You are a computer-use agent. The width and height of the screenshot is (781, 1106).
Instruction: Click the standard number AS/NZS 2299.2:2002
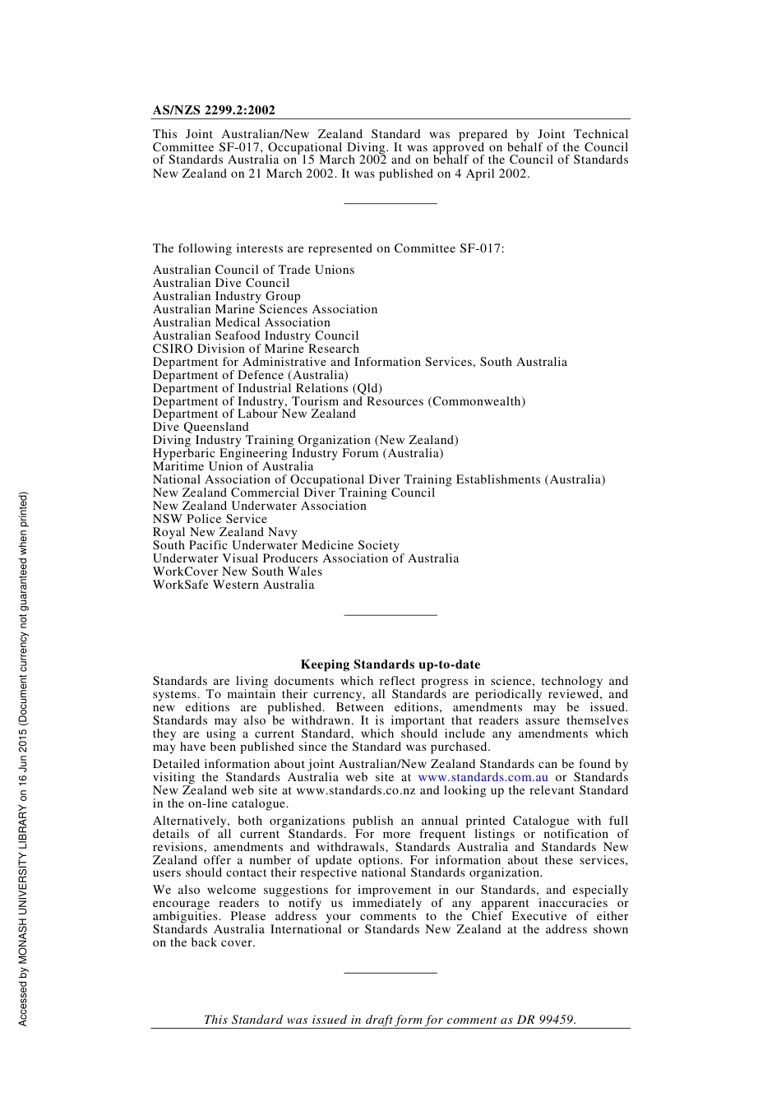214,110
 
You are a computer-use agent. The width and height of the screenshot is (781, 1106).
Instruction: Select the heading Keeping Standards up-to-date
390,664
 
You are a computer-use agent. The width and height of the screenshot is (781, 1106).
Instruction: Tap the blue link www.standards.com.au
483,777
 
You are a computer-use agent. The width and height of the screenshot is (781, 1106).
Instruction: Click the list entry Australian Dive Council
221,283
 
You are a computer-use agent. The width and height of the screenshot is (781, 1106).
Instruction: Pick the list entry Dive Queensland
201,427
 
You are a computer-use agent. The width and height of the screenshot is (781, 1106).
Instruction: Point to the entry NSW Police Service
210,519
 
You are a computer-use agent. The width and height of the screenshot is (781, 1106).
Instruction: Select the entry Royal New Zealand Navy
224,532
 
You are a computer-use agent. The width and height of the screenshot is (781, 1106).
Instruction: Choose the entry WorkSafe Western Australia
233,585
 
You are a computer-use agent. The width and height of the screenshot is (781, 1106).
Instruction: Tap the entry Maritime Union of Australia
233,466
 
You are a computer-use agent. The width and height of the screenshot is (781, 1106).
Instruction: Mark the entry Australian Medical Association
241,322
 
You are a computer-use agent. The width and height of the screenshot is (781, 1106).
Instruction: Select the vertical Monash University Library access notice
23,758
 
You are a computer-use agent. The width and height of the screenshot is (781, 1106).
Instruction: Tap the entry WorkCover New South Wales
237,572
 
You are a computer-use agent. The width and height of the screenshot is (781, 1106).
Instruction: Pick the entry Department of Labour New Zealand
254,414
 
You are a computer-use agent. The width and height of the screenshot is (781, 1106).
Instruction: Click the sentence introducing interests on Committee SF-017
328,248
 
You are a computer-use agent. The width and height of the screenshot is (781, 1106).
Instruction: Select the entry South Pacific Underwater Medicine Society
275,545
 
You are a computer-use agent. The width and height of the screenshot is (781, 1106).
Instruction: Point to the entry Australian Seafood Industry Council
256,336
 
